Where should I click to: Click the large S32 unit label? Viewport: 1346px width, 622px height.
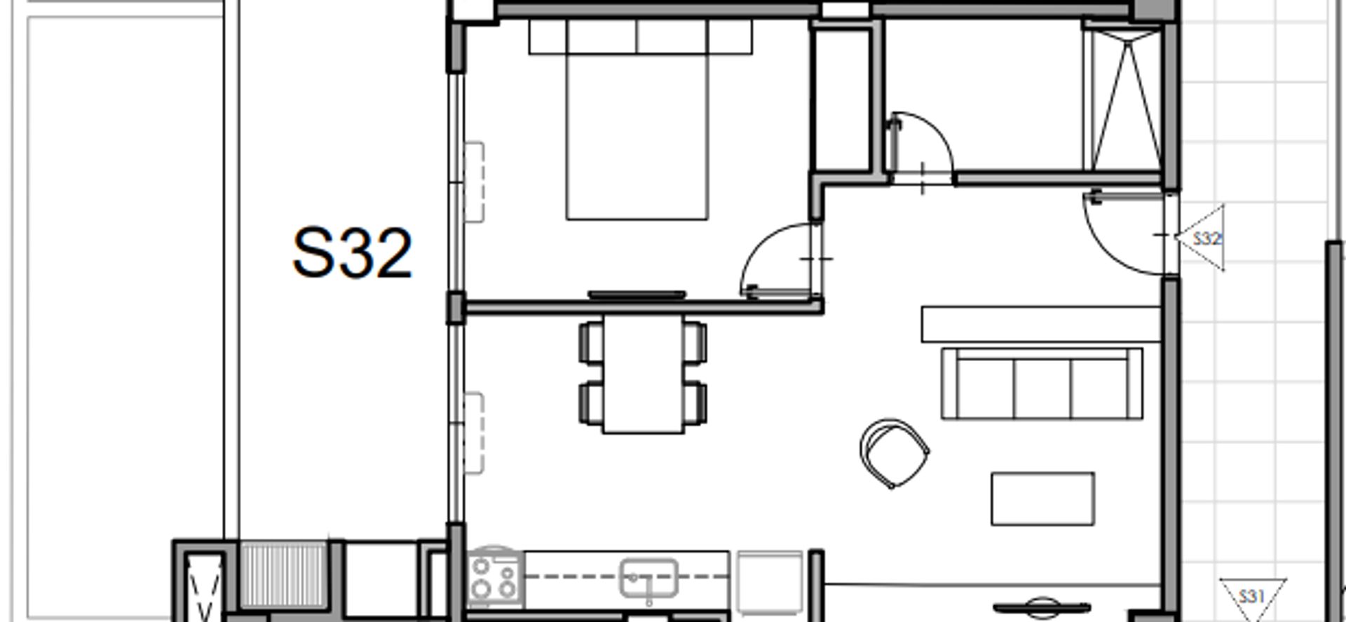click(x=352, y=253)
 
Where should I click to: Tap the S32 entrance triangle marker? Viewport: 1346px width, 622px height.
click(x=1203, y=238)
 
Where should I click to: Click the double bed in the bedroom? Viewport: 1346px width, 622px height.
click(x=637, y=119)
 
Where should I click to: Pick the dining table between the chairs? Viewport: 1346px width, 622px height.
click(x=643, y=373)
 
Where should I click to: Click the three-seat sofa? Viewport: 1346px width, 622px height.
click(x=1042, y=384)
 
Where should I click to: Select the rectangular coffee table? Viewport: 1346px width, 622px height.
click(x=1042, y=499)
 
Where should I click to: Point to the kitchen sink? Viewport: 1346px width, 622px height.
click(x=649, y=579)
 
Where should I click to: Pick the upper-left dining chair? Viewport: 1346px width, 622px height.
click(x=592, y=342)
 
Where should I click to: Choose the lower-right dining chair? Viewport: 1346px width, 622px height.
click(x=695, y=403)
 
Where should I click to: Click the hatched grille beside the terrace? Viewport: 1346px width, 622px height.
click(x=284, y=574)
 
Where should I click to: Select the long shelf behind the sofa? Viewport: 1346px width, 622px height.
click(x=1041, y=324)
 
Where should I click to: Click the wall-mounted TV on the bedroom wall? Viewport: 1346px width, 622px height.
click(x=637, y=295)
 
